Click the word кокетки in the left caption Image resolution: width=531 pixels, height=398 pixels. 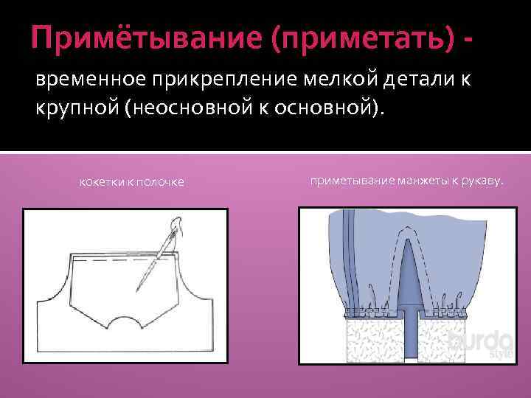pos(101,182)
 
